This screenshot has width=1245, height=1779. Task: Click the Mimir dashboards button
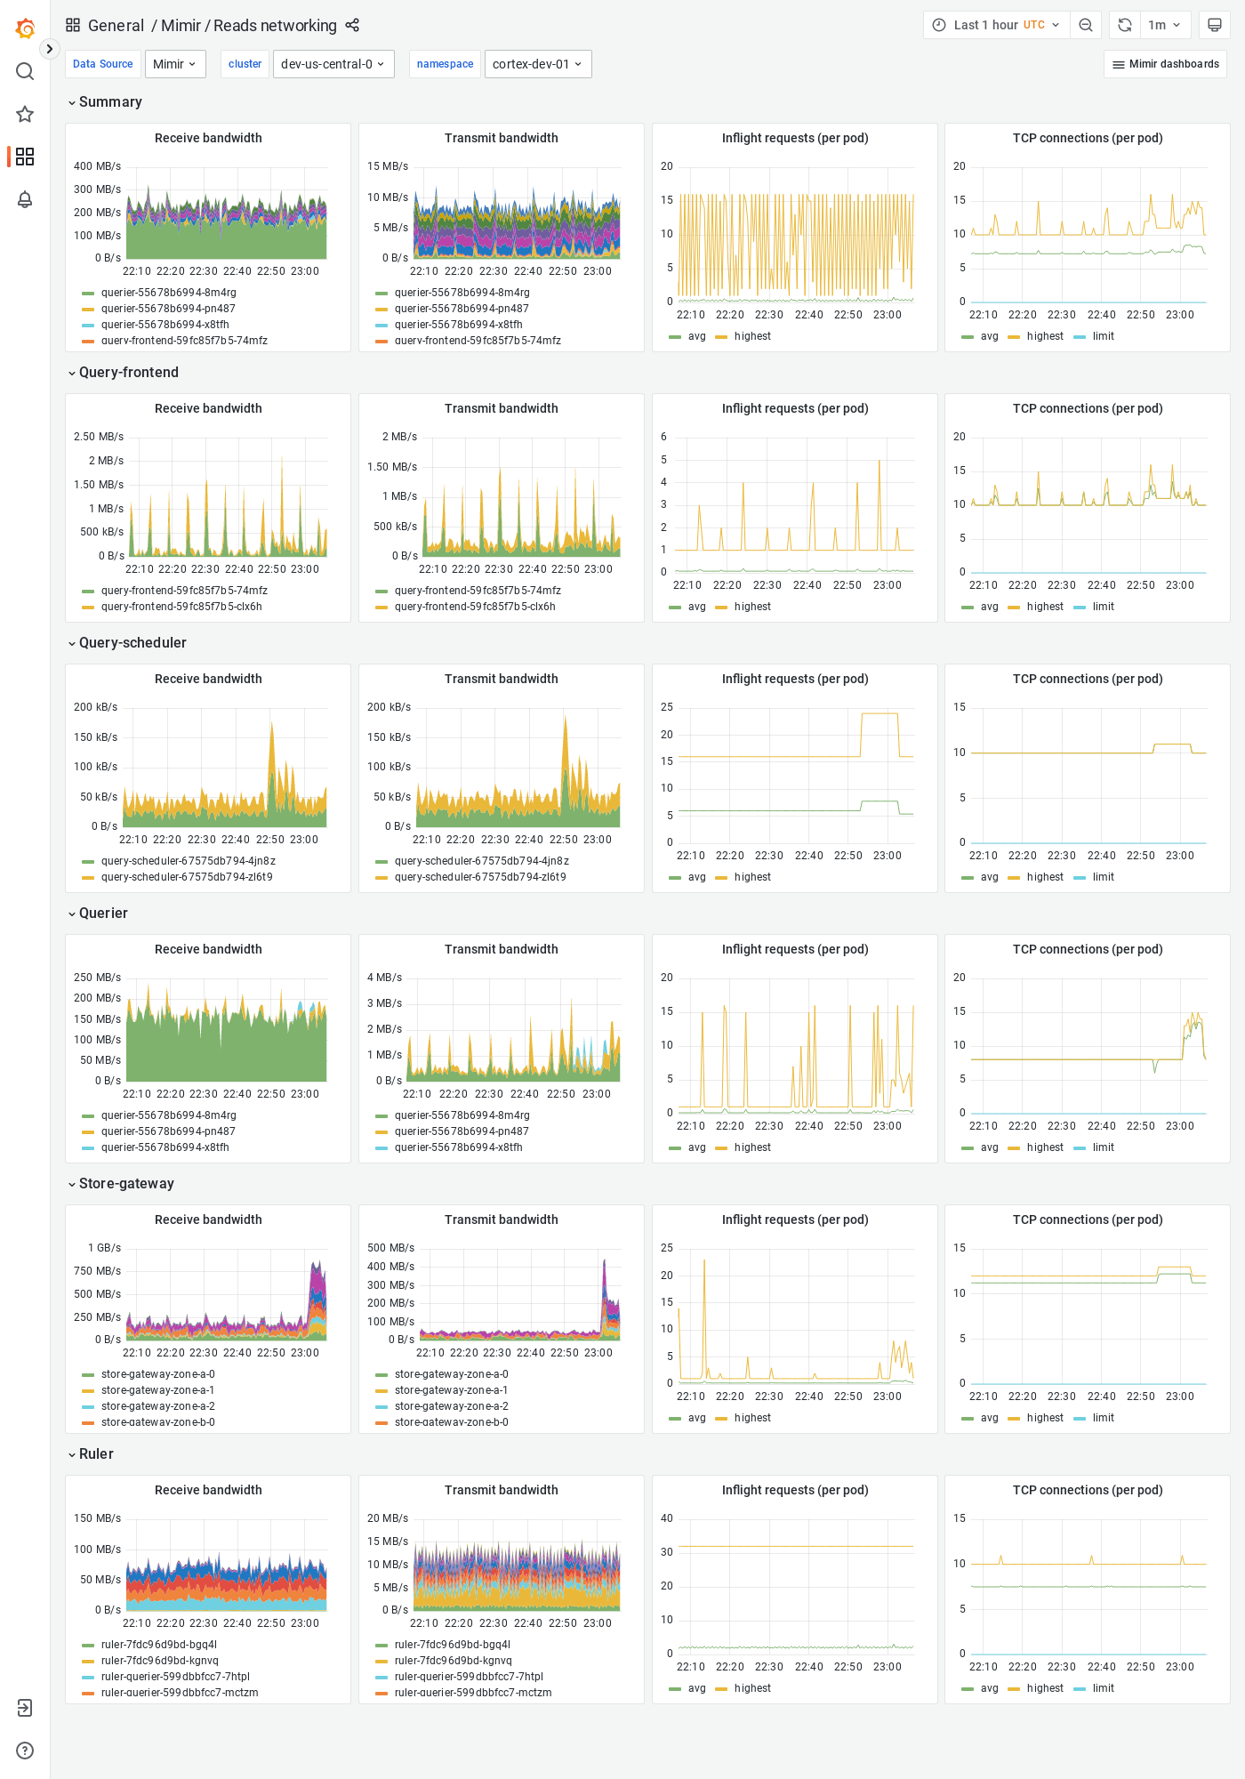[1165, 64]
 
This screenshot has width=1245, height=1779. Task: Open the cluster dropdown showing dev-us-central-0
[333, 64]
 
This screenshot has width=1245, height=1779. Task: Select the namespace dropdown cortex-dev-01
[537, 64]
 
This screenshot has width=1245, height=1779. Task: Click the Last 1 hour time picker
[996, 25]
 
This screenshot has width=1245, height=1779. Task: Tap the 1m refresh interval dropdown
[1164, 25]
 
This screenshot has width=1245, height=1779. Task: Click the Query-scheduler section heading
[133, 642]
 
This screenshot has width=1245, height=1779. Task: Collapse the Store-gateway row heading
[126, 1183]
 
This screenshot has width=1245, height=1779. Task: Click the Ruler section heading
[96, 1453]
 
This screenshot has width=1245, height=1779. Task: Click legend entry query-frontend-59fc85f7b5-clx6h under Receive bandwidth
[181, 607]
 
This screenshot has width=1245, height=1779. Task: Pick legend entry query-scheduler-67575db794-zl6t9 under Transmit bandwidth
[480, 877]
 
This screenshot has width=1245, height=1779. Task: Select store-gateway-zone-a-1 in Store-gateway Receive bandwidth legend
[157, 1390]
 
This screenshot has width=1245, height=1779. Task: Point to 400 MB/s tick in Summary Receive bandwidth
[97, 166]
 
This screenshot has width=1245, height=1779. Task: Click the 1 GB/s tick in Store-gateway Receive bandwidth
[104, 1248]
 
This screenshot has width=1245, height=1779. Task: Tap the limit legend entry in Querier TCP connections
[1103, 1147]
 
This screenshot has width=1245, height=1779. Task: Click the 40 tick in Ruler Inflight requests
[667, 1518]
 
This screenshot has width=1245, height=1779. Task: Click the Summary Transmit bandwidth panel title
[501, 138]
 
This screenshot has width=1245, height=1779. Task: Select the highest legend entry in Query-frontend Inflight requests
[752, 607]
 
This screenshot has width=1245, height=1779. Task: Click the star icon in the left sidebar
[25, 114]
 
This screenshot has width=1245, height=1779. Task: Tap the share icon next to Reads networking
[352, 25]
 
